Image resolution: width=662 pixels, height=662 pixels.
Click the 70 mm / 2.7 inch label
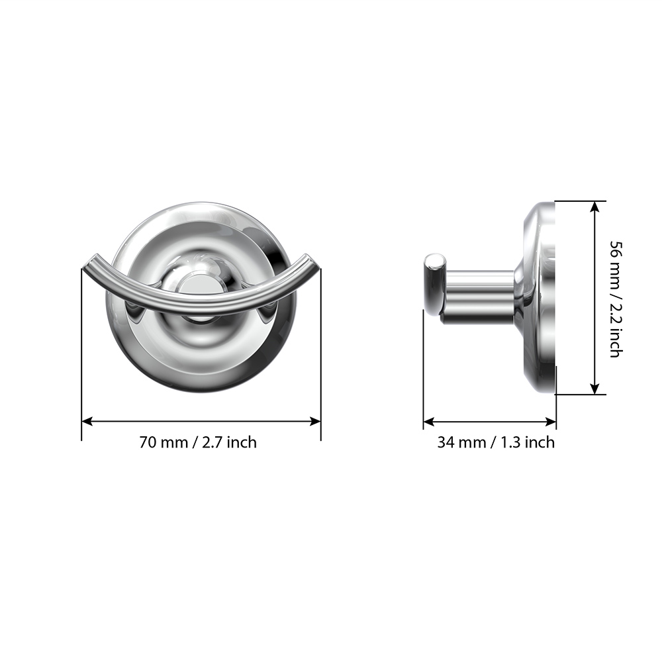[x=198, y=442]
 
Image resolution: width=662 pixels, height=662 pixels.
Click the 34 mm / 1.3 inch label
[x=496, y=442]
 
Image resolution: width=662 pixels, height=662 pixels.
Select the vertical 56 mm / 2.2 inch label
[x=616, y=299]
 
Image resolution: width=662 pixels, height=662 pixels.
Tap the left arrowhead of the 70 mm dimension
[x=87, y=421]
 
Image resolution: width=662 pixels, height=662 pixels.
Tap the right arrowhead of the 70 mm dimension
[x=315, y=421]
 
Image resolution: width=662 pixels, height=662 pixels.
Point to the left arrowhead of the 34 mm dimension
[x=428, y=421]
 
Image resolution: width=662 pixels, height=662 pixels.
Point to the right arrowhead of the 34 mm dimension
[x=551, y=421]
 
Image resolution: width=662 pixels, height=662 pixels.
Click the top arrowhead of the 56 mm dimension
[x=594, y=207]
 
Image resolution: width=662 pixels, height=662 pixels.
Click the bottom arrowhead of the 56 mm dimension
[x=594, y=389]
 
